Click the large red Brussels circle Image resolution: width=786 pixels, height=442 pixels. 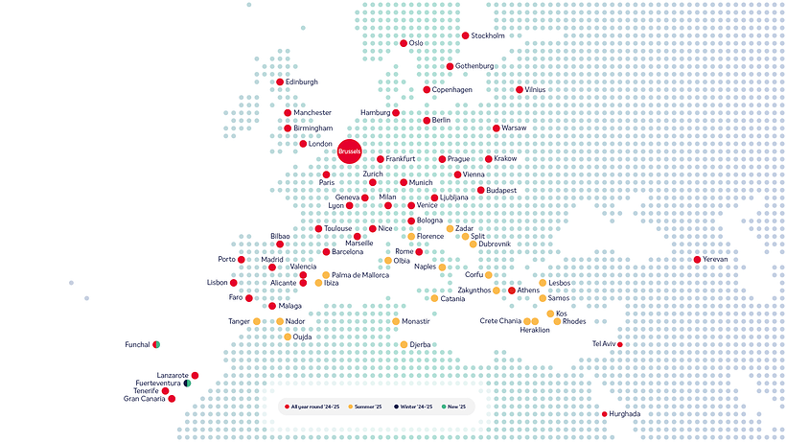pyautogui.click(x=349, y=151)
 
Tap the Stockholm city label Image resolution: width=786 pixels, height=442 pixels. pyautogui.click(x=487, y=36)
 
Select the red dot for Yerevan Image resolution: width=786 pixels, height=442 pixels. pyautogui.click(x=697, y=260)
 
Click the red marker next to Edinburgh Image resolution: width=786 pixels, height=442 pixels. pyautogui.click(x=280, y=82)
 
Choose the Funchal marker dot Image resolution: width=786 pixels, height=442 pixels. pyautogui.click(x=155, y=344)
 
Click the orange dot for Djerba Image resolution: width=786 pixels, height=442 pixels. pyautogui.click(x=404, y=344)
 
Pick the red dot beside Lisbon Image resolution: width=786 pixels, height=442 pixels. pyautogui.click(x=234, y=283)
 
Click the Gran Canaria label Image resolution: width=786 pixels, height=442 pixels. pyautogui.click(x=145, y=399)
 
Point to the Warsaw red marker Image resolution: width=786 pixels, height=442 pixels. pyautogui.click(x=496, y=128)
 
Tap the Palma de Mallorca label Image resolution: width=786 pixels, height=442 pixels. pyautogui.click(x=360, y=275)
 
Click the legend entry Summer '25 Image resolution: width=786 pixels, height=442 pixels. pyautogui.click(x=366, y=407)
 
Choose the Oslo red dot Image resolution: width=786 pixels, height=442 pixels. pyautogui.click(x=404, y=43)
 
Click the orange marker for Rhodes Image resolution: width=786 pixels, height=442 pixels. pyautogui.click(x=557, y=321)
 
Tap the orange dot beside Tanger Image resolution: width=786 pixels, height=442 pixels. pyautogui.click(x=257, y=321)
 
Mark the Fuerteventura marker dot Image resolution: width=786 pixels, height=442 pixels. pyautogui.click(x=187, y=384)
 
